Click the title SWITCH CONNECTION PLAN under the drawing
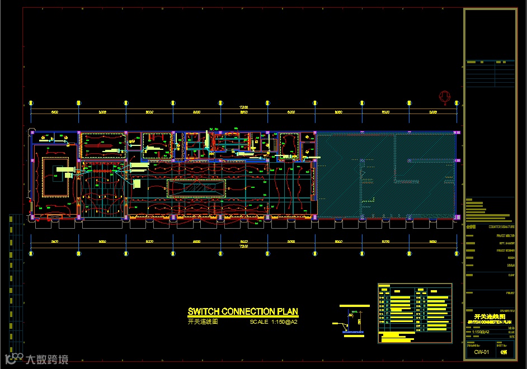point(243,312)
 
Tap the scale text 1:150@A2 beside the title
point(274,322)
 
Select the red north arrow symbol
point(445,98)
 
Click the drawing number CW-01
point(481,352)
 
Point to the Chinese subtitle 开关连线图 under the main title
point(203,322)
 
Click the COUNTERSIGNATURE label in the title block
point(501,228)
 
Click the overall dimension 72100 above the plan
point(244,107)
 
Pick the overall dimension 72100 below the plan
point(244,246)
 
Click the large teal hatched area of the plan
point(386,174)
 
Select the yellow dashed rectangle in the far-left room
point(56,177)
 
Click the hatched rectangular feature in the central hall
point(197,188)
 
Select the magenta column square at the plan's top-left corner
point(33,133)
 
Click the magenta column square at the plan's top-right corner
point(457,133)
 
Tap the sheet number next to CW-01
point(505,352)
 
